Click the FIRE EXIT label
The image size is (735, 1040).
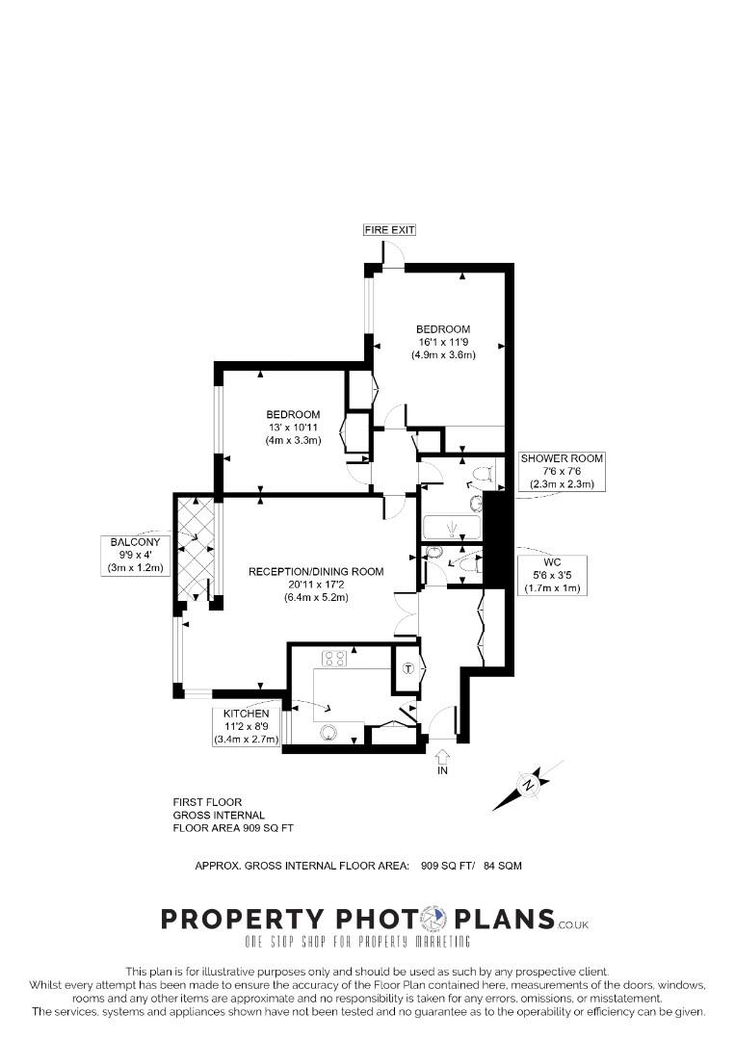389,230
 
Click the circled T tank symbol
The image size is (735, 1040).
407,669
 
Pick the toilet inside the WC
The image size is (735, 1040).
468,564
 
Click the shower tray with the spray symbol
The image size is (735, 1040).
452,528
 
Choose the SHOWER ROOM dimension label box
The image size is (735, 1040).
562,471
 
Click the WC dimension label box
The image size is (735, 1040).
550,574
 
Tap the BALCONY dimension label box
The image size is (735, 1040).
135,555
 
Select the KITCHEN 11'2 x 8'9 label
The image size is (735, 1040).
247,726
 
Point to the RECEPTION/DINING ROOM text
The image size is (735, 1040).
316,571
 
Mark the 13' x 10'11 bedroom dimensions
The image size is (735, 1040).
293,427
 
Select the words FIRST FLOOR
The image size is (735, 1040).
207,802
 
